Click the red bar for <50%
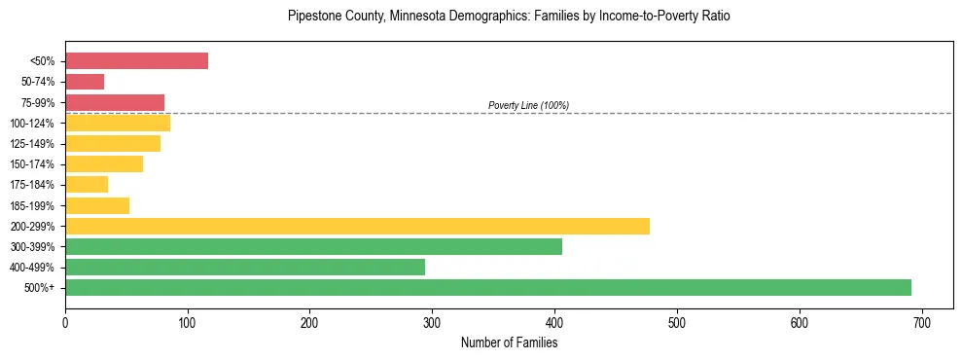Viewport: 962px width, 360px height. (x=136, y=61)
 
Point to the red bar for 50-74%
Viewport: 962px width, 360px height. (x=85, y=82)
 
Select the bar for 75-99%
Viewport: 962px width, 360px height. (x=115, y=102)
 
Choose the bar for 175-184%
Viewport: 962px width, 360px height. (x=87, y=185)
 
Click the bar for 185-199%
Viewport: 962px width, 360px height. (x=97, y=205)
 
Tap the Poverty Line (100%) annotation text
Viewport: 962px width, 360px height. (x=528, y=105)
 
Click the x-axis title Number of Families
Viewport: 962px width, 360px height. (x=509, y=342)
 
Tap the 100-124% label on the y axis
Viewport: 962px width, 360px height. (x=32, y=124)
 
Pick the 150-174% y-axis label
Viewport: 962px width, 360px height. (x=32, y=164)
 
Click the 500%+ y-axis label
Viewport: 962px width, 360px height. (x=39, y=288)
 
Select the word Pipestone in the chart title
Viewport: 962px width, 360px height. (x=312, y=17)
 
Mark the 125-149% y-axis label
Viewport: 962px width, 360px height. (x=32, y=144)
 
